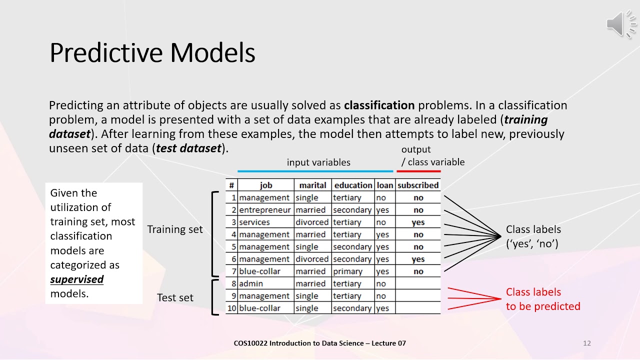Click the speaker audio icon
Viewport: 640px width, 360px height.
tap(621, 24)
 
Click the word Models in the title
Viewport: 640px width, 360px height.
tap(212, 52)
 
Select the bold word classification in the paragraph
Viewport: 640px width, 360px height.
tap(379, 105)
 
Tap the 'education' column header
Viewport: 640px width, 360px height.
tap(353, 185)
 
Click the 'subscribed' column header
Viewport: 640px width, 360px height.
tap(418, 185)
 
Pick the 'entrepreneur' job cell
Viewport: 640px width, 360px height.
tap(265, 210)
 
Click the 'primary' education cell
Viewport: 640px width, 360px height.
tap(347, 271)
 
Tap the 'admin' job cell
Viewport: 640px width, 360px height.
tap(251, 283)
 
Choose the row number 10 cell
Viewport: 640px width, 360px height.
tap(231, 308)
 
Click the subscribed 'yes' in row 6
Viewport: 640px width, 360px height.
tap(418, 259)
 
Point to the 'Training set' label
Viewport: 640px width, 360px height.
tap(175, 229)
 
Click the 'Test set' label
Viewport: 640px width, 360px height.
tap(175, 297)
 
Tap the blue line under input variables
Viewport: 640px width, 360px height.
tap(315, 171)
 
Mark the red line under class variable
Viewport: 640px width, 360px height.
tap(419, 171)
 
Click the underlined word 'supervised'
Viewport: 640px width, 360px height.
tap(77, 279)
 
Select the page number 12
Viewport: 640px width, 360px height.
tap(587, 343)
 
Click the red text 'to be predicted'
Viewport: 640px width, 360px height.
tap(543, 306)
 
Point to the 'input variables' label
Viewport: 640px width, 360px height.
tap(318, 162)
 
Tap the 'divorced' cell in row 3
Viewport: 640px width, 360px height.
tap(312, 222)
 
